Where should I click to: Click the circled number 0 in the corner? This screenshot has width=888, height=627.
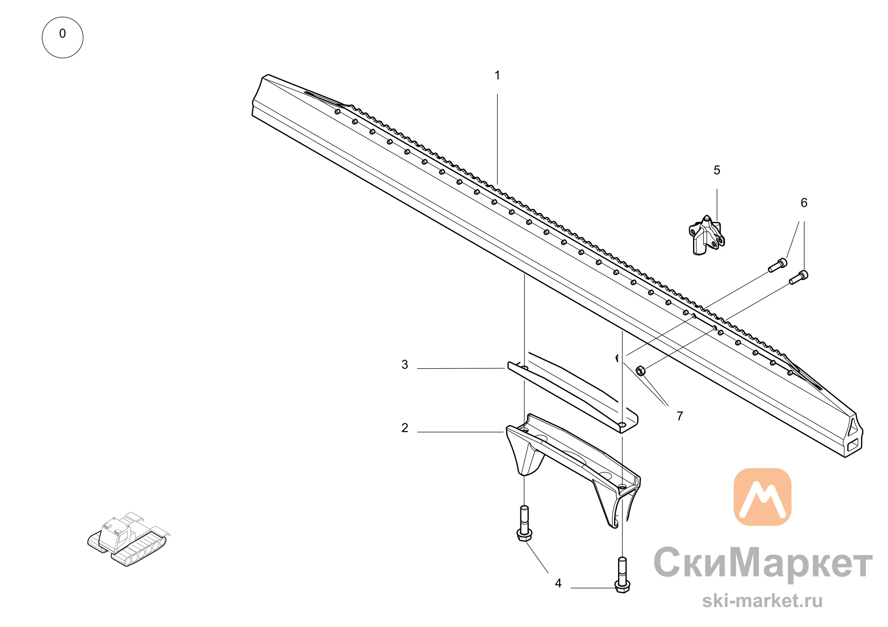coord(63,37)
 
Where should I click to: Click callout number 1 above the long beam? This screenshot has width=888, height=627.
coord(497,75)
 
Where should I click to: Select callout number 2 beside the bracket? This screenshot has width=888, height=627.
coord(404,428)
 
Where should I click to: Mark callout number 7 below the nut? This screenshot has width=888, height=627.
coord(680,416)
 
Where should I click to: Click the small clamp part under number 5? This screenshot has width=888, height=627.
coord(706,235)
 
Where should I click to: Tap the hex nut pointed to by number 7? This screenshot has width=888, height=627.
coord(640,371)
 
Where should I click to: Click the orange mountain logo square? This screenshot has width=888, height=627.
coord(762,497)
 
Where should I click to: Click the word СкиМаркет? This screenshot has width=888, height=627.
coord(763,563)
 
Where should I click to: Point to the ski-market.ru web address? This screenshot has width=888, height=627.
coord(762,601)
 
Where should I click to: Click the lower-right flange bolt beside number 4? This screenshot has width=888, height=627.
coord(622,575)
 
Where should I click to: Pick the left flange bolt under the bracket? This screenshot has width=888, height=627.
coord(524,524)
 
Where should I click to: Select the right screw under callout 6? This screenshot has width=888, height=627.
coord(798,277)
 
